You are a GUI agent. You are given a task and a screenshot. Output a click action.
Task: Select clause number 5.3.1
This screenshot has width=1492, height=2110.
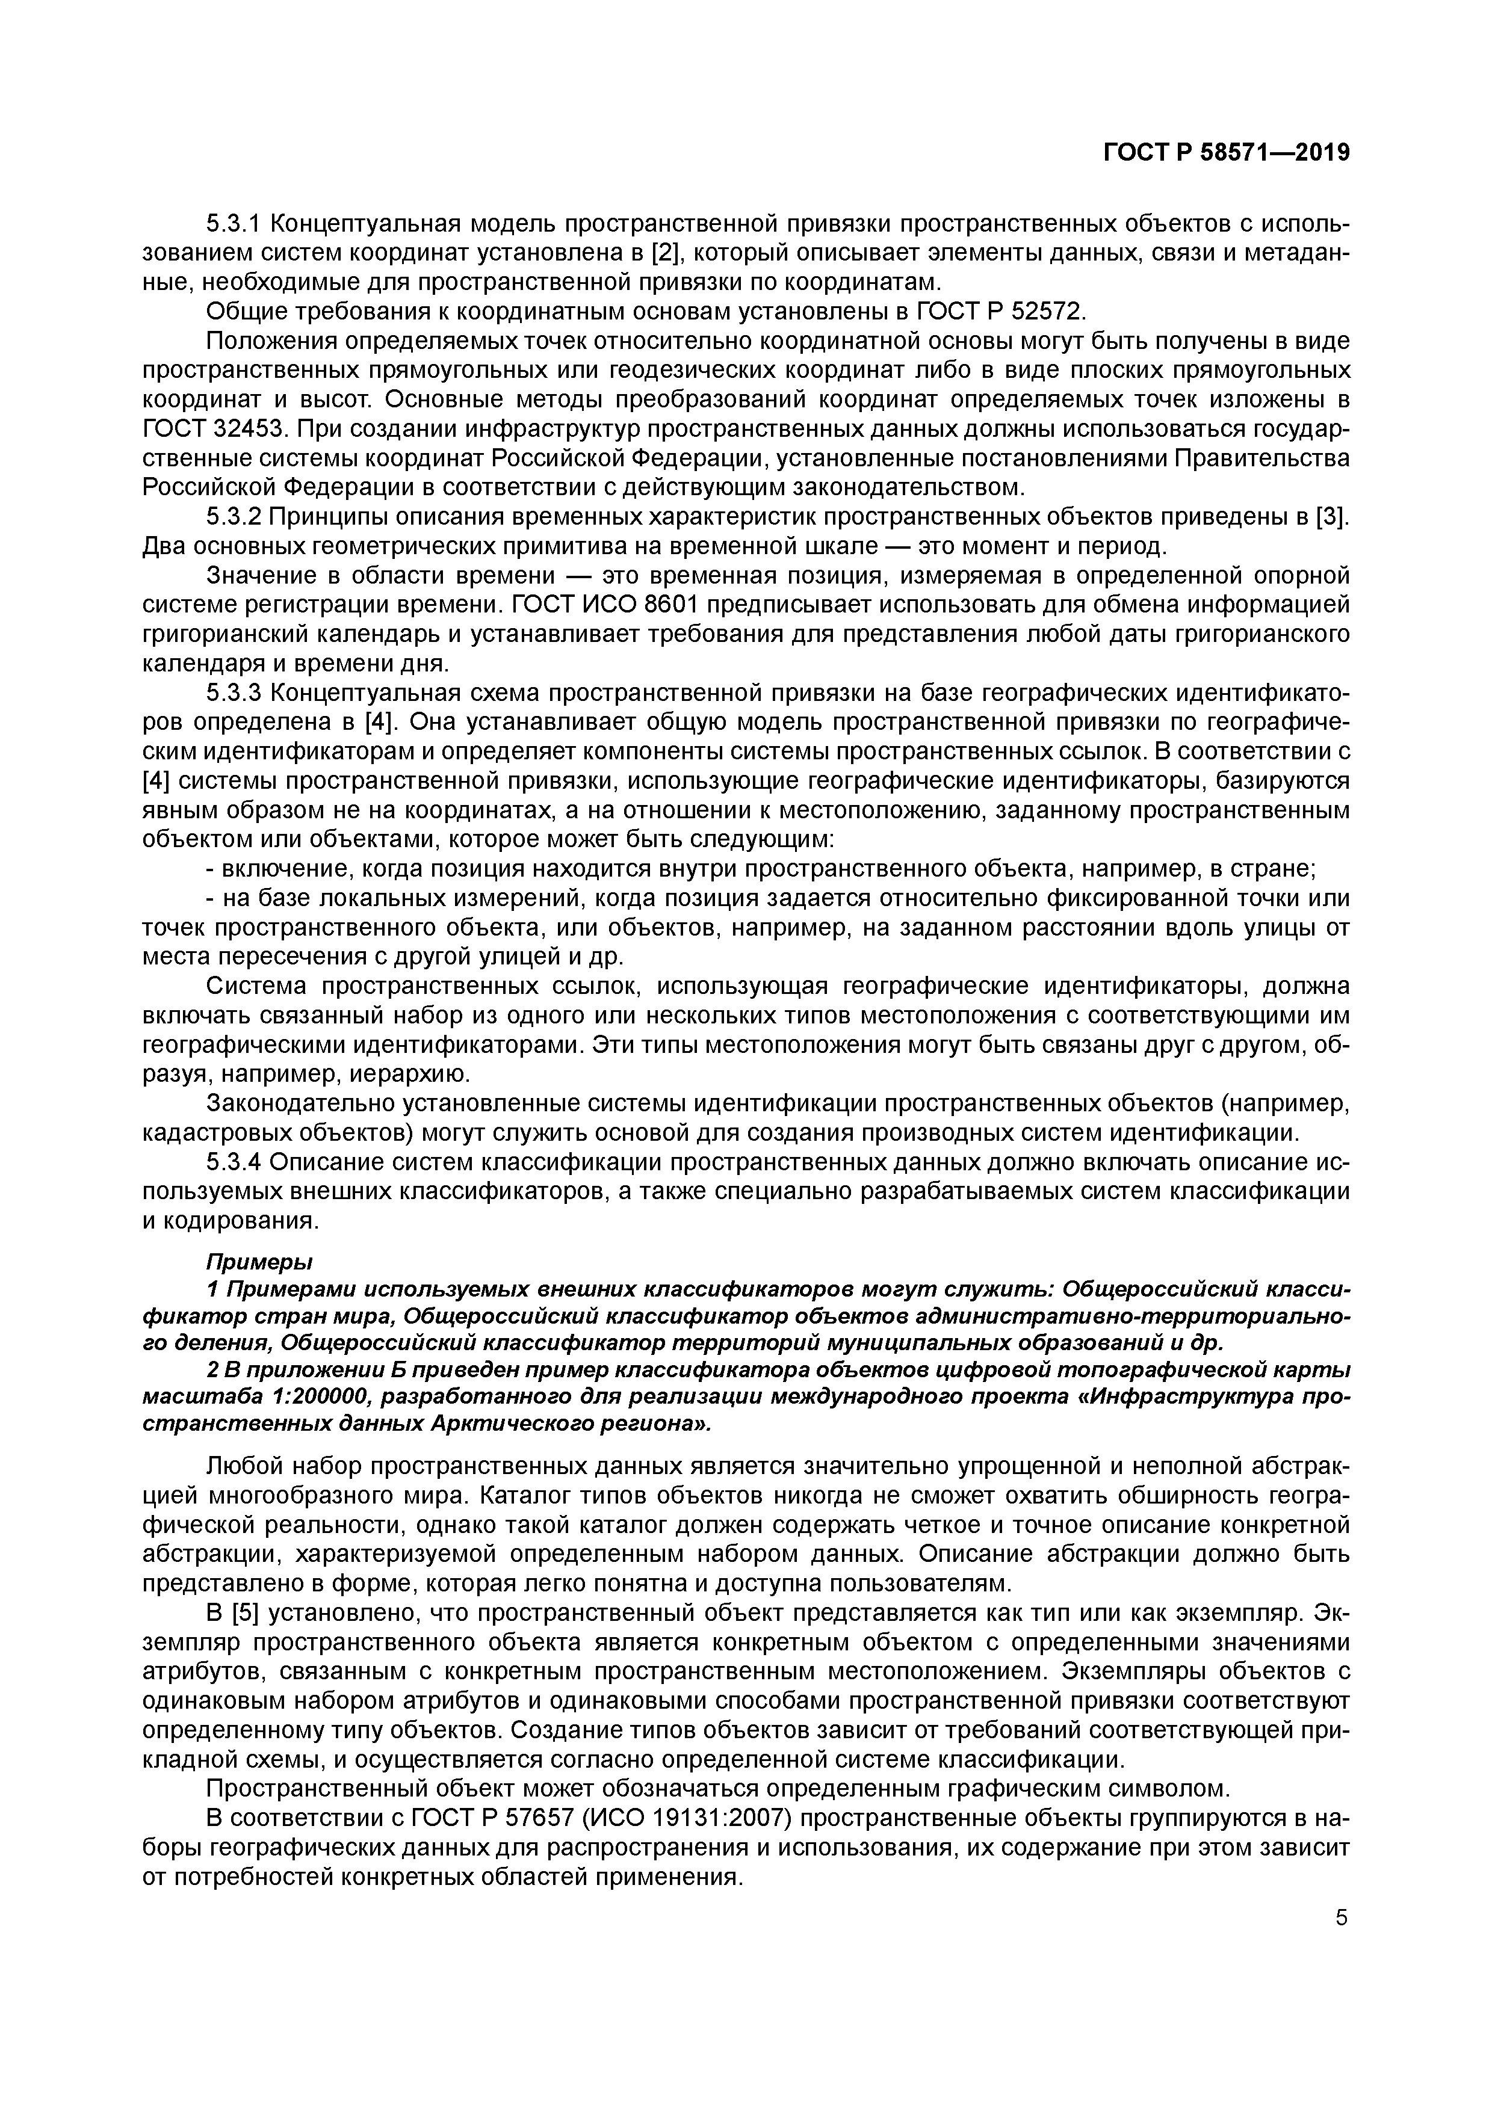click(234, 223)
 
